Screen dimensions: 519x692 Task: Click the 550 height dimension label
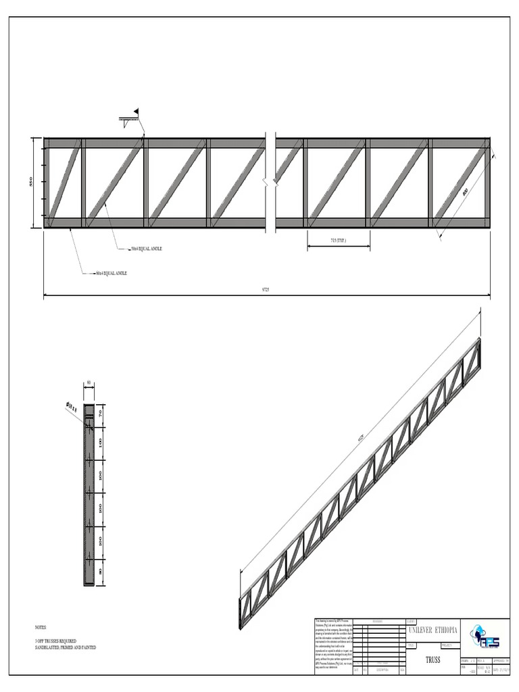30,182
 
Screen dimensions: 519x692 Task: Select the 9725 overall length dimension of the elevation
265,289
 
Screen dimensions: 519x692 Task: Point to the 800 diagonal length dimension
466,192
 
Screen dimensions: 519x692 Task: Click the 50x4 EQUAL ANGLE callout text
146,249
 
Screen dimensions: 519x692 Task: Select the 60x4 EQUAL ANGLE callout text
111,273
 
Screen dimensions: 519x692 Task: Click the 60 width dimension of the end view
89,382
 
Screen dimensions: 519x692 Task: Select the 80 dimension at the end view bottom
101,572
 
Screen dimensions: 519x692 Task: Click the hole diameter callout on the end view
71,407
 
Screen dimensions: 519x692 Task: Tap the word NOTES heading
41,627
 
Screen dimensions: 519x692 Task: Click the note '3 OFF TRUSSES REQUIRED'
55,641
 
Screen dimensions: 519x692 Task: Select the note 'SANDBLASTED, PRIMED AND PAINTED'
66,647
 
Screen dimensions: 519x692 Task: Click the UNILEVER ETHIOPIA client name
432,630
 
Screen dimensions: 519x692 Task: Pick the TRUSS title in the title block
432,659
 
